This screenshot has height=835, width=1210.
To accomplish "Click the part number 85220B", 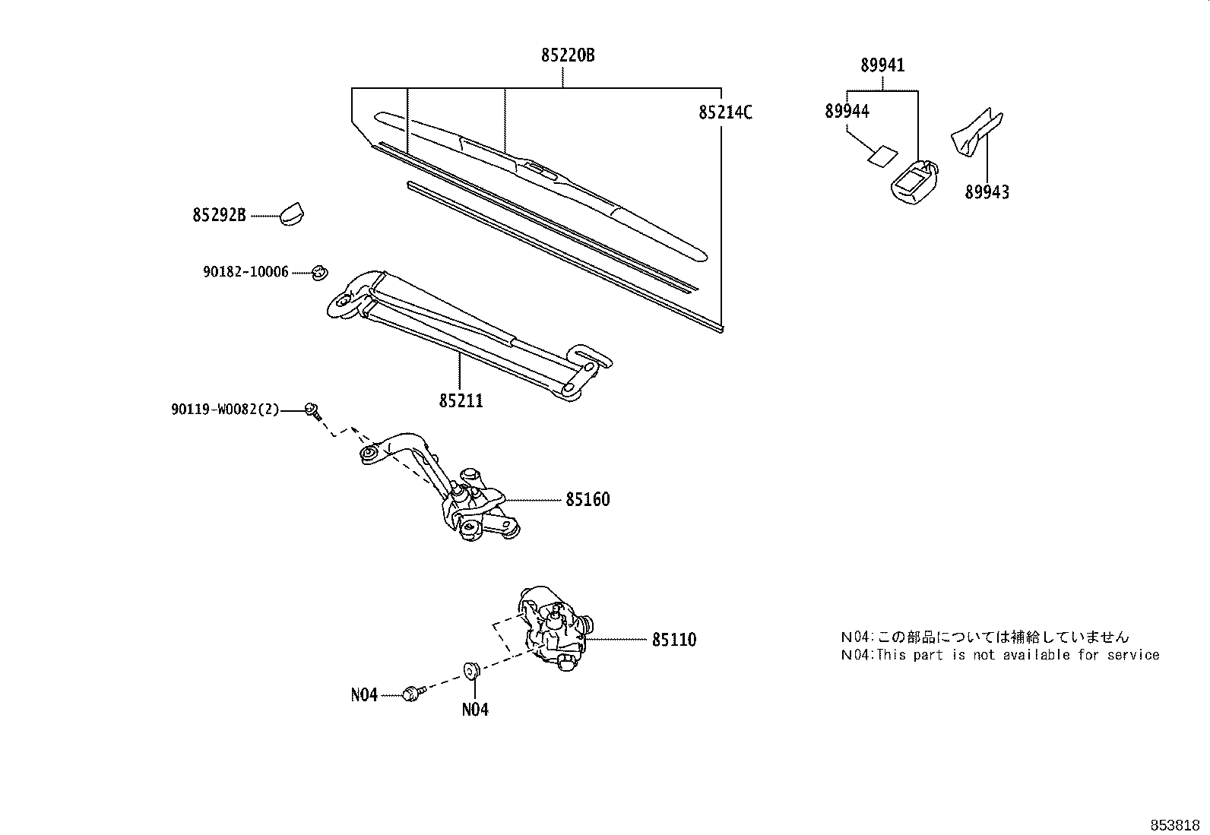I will click(567, 55).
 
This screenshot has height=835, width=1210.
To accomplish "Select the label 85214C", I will click(725, 112).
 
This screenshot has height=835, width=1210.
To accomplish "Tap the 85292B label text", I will click(219, 216).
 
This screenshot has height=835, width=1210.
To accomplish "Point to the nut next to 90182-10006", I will click(320, 270).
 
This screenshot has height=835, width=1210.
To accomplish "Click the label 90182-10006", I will click(245, 271).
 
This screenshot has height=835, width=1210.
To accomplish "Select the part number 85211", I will click(461, 400).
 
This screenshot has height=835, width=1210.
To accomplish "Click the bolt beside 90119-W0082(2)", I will click(312, 410).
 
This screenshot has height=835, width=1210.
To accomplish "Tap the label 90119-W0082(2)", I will click(225, 410).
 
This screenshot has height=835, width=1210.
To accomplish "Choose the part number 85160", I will click(587, 500).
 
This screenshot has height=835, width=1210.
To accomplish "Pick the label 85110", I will click(673, 640).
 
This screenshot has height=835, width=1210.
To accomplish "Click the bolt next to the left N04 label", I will click(411, 693).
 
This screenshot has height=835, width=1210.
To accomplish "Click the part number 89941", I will click(882, 65).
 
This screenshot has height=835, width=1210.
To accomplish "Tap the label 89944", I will click(847, 112).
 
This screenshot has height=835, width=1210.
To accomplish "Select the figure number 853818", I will click(1174, 824).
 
